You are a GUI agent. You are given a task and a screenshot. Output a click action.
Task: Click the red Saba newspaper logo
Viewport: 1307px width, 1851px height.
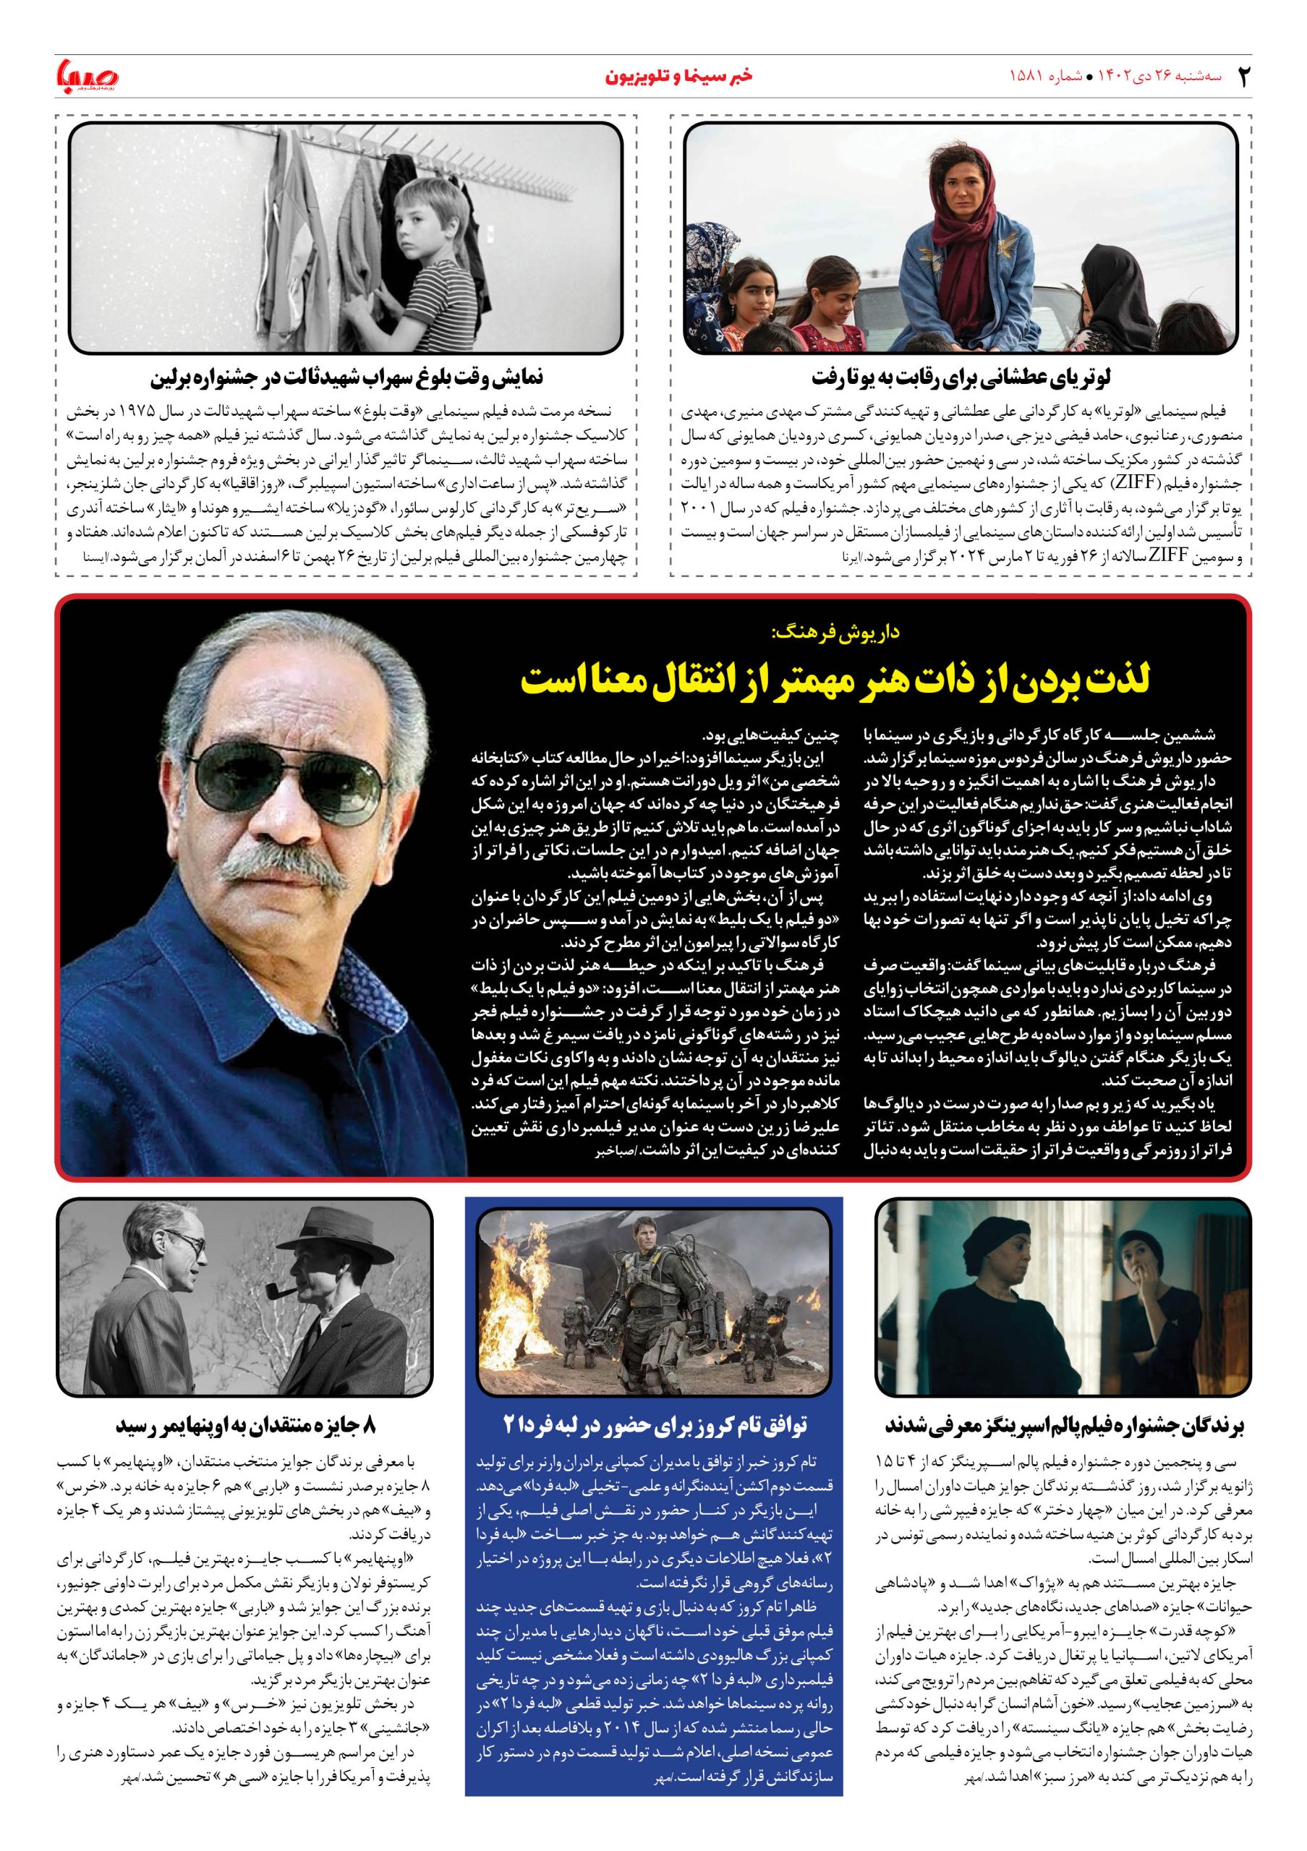[87, 76]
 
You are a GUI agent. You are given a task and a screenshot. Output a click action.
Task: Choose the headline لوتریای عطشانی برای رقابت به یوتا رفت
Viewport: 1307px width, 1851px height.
[961, 377]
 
